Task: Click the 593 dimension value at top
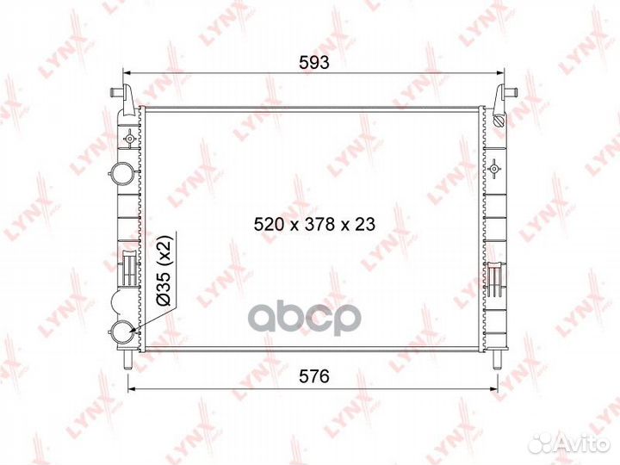click(x=314, y=62)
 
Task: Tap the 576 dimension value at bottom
click(x=314, y=376)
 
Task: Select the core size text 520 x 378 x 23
click(x=314, y=224)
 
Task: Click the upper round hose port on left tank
click(x=121, y=173)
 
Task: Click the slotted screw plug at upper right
click(x=499, y=121)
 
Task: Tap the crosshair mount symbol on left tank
click(x=129, y=139)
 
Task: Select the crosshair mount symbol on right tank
click(x=493, y=169)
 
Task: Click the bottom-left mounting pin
click(x=127, y=360)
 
